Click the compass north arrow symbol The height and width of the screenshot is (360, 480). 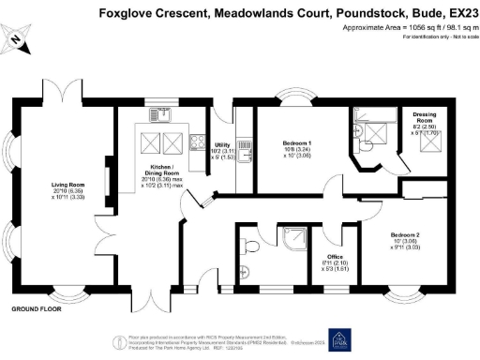point(20,38)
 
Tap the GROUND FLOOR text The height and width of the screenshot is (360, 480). point(37,308)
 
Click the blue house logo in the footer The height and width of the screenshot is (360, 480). point(337,339)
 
